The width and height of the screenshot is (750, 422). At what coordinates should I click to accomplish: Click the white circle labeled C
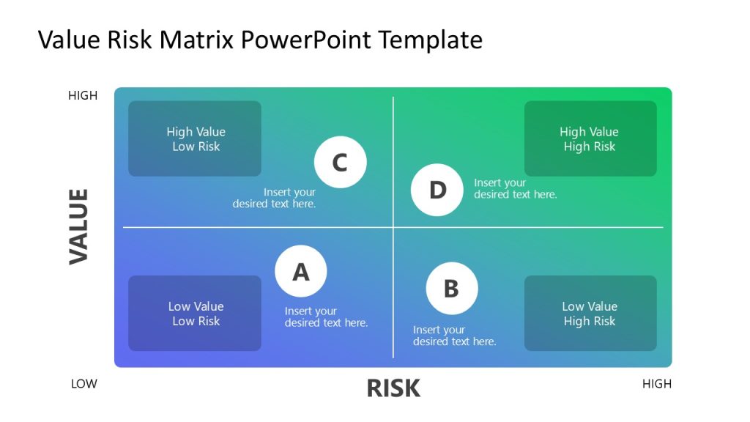[x=340, y=163]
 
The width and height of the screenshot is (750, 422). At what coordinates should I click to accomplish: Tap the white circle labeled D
[x=437, y=190]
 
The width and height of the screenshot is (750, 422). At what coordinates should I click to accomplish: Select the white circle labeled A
[x=301, y=271]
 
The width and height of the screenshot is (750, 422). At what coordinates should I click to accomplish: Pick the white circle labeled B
[x=451, y=288]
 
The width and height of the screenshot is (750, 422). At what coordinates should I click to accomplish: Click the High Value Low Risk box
[x=195, y=138]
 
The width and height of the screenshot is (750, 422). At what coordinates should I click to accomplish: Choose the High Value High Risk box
[x=590, y=138]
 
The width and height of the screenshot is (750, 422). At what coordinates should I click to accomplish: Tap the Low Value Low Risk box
[x=195, y=313]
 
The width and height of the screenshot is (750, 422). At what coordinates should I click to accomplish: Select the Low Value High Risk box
[x=590, y=313]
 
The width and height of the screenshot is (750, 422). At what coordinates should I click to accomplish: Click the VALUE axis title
[x=78, y=226]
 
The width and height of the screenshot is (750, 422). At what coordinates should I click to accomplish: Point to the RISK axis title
[x=393, y=388]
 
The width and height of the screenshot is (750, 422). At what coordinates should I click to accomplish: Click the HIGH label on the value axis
[x=83, y=95]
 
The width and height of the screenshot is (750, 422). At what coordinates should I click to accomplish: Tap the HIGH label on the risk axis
[x=656, y=383]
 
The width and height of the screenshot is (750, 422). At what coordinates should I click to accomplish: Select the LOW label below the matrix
[x=84, y=383]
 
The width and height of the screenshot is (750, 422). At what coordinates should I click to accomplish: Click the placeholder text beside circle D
[x=515, y=188]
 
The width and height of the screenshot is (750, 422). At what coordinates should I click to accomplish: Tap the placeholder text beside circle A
[x=326, y=316]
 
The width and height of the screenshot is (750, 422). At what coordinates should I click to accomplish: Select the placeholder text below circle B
[x=454, y=336]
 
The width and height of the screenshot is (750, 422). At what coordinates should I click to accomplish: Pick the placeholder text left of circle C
[x=275, y=198]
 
